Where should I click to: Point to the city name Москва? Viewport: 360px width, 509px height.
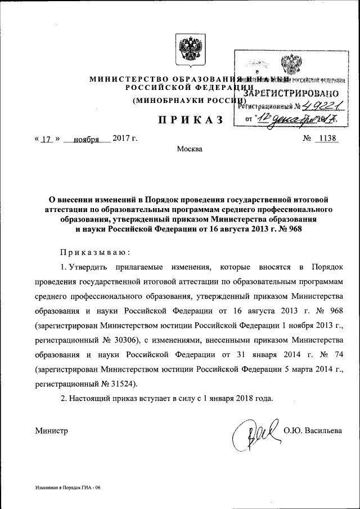pos(188,150)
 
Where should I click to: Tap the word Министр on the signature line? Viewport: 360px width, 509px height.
pos(51,431)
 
